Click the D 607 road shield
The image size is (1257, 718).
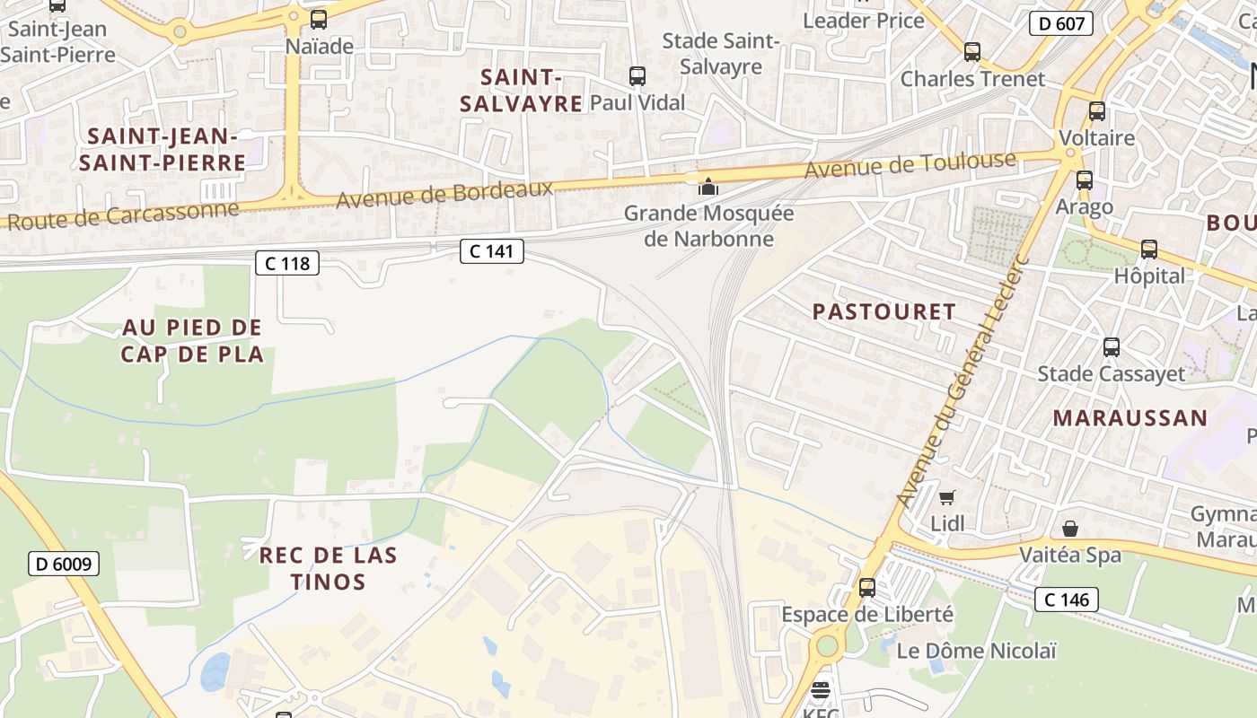coord(1060,23)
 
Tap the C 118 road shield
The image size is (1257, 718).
coord(287,263)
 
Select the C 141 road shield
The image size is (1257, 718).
coord(492,251)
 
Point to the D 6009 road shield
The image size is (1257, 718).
coord(64,564)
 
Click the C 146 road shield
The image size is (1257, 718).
coord(1067,599)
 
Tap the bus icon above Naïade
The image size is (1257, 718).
coord(319,20)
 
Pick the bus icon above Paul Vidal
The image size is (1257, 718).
coord(637,76)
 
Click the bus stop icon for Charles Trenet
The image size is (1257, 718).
coord(972,52)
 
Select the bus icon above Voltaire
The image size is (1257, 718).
coord(1097,111)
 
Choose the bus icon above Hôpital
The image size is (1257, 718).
coord(1149,250)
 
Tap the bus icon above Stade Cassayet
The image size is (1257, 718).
coord(1112,346)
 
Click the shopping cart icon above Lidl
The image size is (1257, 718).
coord(946,497)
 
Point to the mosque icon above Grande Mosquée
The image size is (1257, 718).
coord(709,187)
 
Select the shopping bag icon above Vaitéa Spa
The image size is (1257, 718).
coord(1070,528)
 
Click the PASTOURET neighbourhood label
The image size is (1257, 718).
coord(884,311)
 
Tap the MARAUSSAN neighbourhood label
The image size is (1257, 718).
coord(1130,417)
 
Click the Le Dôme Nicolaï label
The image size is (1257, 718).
coord(977,651)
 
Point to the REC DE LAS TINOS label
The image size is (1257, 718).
coord(328,568)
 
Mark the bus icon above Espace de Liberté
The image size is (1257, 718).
coord(867,588)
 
